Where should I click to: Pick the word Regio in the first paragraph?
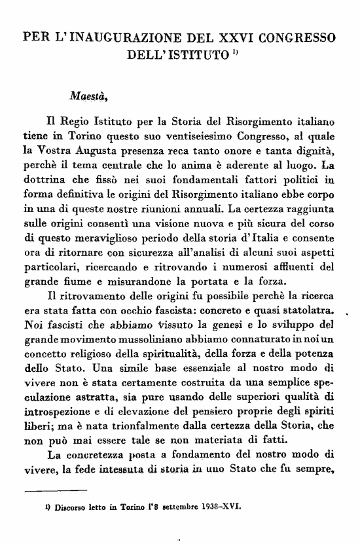(77, 122)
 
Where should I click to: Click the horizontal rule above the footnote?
(55, 490)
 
